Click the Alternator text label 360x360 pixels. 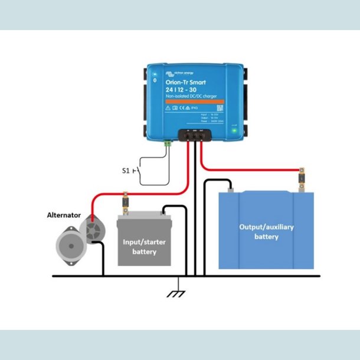click(x=64, y=215)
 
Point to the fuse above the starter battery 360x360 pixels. click(x=125, y=202)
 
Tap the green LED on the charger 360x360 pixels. click(x=234, y=130)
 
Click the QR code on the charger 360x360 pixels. click(x=220, y=107)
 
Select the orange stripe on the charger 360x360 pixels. click(x=195, y=101)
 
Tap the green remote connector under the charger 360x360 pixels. click(x=168, y=142)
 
